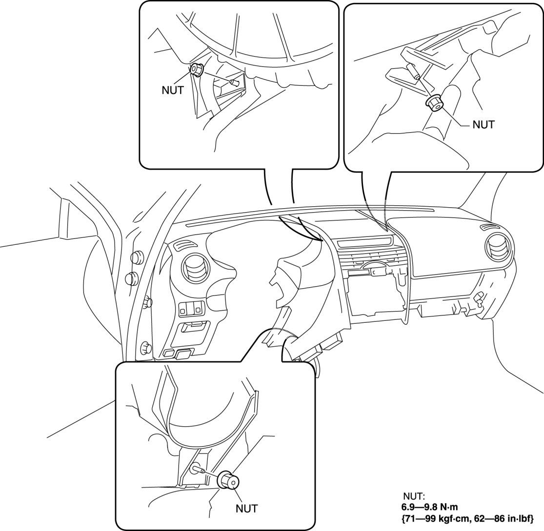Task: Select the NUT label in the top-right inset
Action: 483,124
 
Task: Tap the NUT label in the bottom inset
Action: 246,508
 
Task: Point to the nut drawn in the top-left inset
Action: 197,70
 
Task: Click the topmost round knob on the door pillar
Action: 137,257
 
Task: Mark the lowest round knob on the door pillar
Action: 145,348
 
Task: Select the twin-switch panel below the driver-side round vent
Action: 192,308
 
